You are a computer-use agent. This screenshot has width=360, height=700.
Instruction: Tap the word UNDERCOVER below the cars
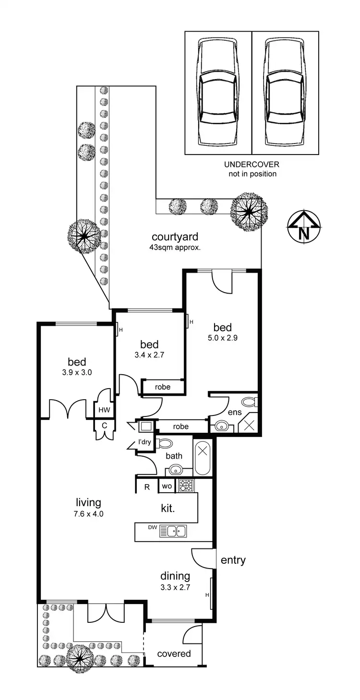[252, 165]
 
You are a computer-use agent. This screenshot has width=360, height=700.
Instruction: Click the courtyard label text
[175, 237]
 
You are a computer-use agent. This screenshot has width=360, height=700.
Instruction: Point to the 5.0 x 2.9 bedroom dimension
[223, 337]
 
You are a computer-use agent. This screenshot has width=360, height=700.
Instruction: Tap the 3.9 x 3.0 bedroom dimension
[77, 371]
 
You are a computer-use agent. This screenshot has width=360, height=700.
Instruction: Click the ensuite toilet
[249, 402]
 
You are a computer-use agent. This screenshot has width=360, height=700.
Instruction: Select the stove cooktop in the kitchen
[186, 486]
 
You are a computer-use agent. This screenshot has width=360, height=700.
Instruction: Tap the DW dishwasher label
[153, 528]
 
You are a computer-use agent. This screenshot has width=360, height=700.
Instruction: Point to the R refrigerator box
[147, 486]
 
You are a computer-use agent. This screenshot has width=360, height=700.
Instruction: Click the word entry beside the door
[233, 560]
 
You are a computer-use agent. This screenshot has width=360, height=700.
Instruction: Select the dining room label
[175, 576]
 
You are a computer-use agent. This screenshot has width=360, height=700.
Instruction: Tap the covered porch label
[174, 653]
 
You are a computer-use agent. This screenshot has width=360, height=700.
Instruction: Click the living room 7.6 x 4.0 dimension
[88, 513]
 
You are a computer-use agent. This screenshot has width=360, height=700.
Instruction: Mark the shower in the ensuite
[250, 424]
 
